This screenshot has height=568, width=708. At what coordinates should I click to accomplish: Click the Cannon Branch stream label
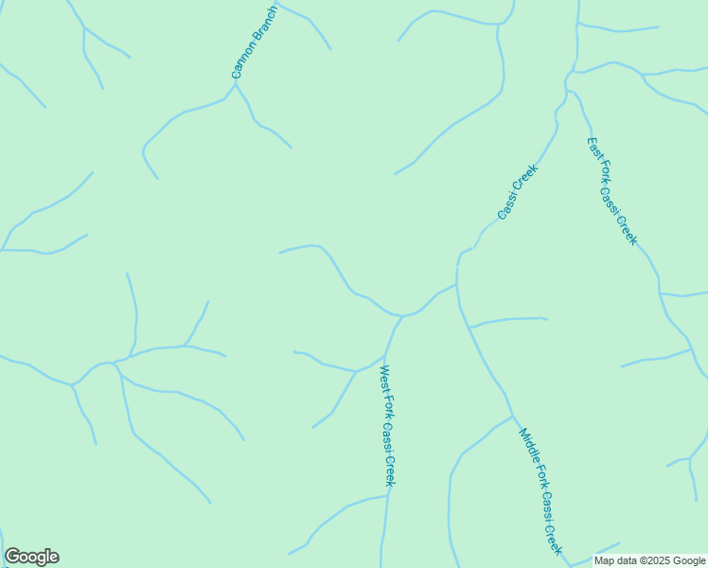pos(255,44)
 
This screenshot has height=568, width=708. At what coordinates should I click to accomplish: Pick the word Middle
pos(526,444)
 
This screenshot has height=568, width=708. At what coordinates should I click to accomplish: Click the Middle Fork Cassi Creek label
pos(540,491)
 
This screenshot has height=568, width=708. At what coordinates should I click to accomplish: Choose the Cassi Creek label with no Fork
pos(518,192)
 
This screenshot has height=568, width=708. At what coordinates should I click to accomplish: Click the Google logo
pos(31,557)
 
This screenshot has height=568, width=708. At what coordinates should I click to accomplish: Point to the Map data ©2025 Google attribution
pos(650,560)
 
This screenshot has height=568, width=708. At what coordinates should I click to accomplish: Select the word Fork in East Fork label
pos(602,171)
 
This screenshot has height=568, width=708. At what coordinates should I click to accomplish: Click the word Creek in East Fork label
pos(628,230)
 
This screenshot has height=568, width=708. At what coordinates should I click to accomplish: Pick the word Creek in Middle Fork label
pos(555,538)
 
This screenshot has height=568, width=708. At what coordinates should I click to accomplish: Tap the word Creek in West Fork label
pos(390,471)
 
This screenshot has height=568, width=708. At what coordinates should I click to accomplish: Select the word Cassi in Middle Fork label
pos(545,505)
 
